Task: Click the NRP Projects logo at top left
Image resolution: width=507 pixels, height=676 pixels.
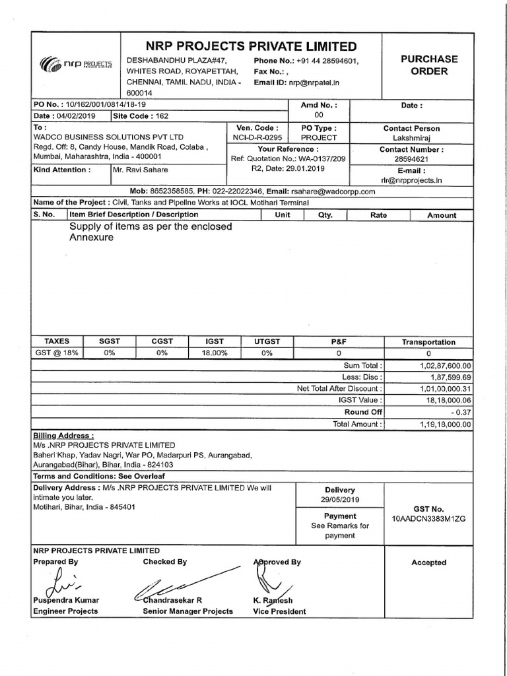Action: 77,65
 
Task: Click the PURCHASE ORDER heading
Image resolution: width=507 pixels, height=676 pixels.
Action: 429,65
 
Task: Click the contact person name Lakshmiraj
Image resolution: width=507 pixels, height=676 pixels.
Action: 429,138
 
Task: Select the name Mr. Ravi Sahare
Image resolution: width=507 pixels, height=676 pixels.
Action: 141,170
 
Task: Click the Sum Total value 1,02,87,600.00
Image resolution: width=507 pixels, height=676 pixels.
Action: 445,365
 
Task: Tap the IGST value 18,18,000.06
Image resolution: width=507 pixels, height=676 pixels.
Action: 447,400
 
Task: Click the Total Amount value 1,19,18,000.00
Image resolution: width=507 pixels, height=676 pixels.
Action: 445,424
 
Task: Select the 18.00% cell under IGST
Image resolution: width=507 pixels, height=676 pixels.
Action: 214,353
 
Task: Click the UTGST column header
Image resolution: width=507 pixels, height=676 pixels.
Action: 267,341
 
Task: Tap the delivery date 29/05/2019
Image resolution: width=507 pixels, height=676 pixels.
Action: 340,500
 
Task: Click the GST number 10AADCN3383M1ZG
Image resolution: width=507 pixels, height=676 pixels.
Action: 428,519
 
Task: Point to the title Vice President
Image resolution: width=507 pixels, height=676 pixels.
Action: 279,611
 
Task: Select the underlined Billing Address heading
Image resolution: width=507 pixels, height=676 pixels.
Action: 63,436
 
